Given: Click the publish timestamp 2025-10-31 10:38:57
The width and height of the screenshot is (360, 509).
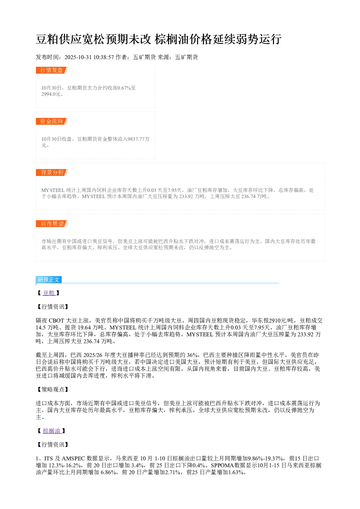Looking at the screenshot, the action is click(x=89, y=57).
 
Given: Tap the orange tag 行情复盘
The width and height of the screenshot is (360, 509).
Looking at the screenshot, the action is click(x=52, y=70).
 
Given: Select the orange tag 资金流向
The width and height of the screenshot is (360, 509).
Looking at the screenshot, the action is click(x=52, y=121).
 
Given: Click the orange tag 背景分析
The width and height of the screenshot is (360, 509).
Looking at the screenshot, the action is click(x=52, y=172).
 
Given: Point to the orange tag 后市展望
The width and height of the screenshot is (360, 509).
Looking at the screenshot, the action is click(x=52, y=223).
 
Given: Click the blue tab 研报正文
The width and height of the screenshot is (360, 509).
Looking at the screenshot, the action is click(x=49, y=280).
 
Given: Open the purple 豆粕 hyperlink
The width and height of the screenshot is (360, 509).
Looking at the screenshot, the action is click(x=49, y=293).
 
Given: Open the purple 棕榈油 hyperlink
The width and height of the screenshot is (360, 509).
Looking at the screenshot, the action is click(x=52, y=431).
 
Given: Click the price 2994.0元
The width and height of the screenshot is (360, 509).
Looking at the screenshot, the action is click(x=51, y=94).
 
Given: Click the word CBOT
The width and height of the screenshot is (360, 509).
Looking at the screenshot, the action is click(x=57, y=321).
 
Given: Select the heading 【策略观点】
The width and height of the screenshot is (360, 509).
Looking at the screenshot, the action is click(x=53, y=390).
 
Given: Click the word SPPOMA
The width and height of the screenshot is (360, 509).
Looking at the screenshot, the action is click(x=222, y=465).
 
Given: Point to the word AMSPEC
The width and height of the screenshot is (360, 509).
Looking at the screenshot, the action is click(x=73, y=458).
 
